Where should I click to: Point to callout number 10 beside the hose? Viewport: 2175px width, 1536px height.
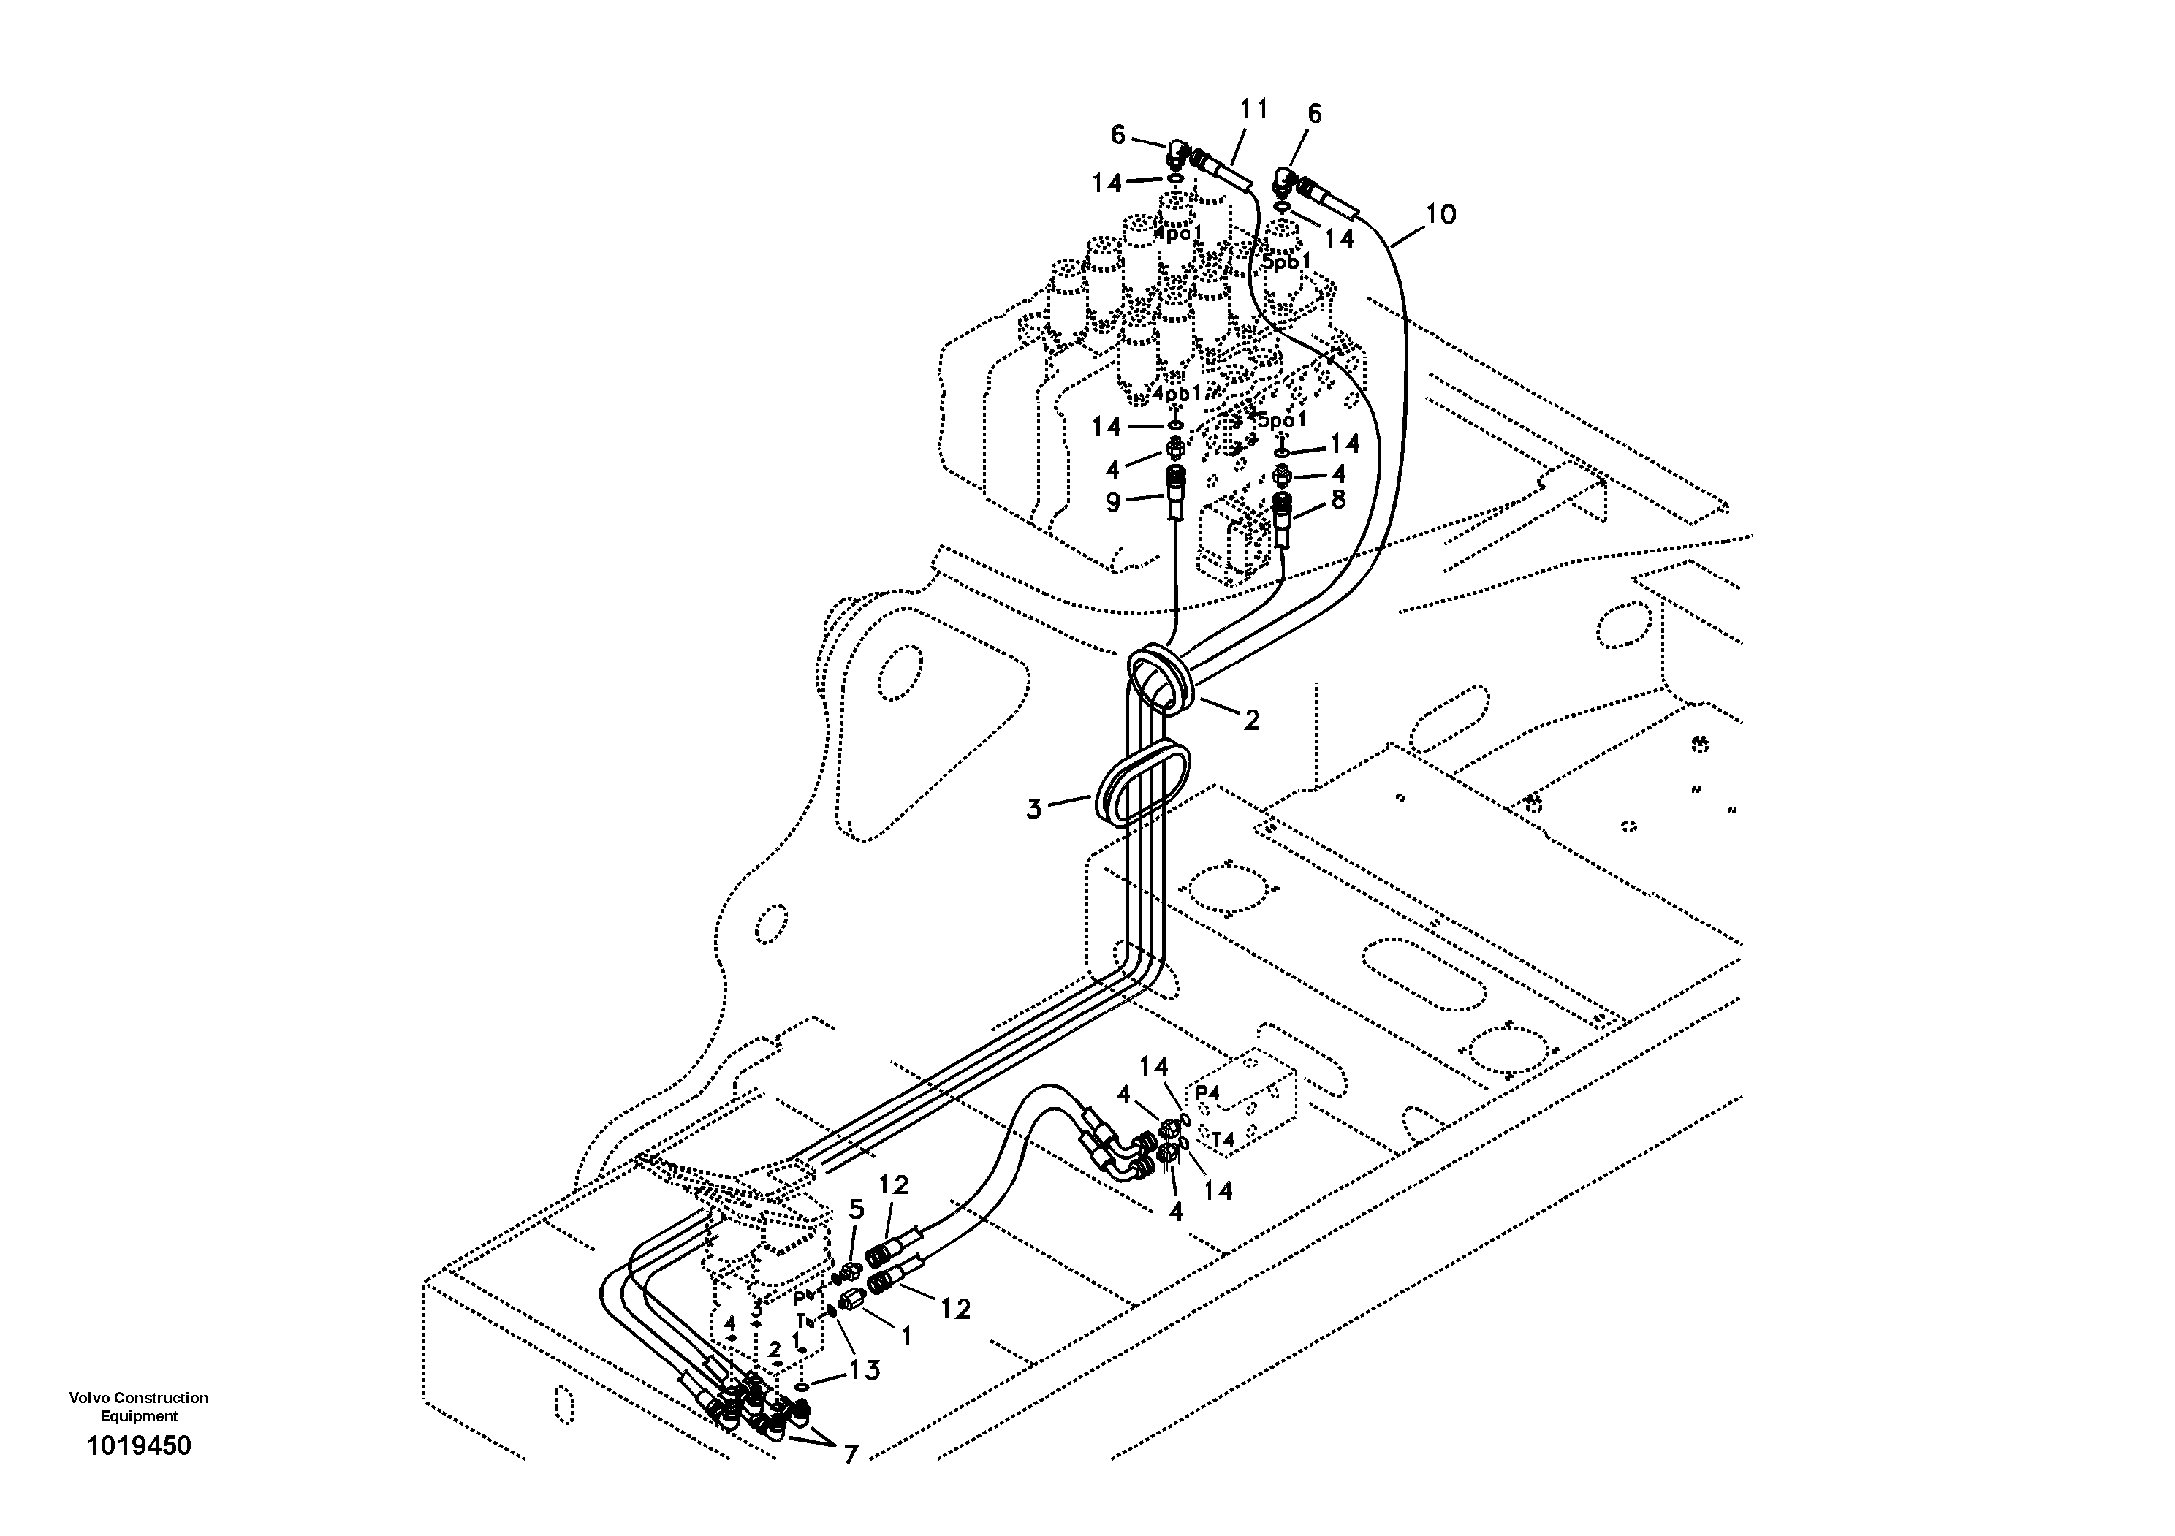coord(1440,215)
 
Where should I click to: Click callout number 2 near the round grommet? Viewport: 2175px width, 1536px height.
coord(1250,721)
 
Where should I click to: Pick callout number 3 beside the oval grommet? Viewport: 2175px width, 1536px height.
coord(1033,810)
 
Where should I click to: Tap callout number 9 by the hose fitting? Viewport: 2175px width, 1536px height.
coord(1113,502)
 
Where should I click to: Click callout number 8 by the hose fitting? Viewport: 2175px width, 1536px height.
coord(1337,499)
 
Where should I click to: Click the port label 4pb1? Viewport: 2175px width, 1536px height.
coord(1177,392)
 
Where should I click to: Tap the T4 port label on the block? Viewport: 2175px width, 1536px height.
coord(1222,1139)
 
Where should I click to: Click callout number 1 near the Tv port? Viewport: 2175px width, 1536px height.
coord(906,1337)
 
